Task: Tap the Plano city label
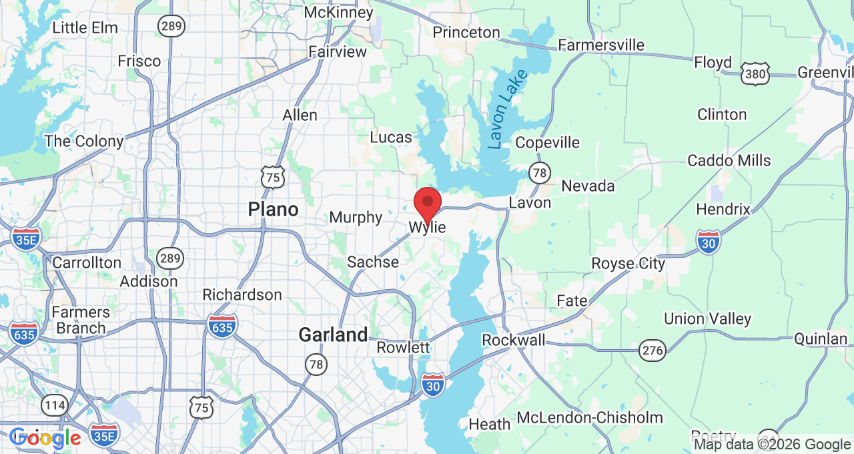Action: (273, 210)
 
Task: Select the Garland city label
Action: (333, 334)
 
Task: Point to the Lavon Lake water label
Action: (507, 109)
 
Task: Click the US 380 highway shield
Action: (755, 74)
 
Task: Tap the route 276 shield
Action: (652, 349)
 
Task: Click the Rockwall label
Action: (514, 340)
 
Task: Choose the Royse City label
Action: (628, 264)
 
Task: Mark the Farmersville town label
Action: (601, 45)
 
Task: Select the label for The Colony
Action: (84, 142)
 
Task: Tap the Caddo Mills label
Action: (729, 161)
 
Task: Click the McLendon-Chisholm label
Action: (590, 418)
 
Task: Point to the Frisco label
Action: (139, 61)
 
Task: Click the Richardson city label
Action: (242, 294)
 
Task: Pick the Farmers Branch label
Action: (81, 320)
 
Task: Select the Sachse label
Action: (373, 262)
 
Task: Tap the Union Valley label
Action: (707, 319)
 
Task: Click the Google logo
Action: (45, 439)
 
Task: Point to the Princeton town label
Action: (466, 32)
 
